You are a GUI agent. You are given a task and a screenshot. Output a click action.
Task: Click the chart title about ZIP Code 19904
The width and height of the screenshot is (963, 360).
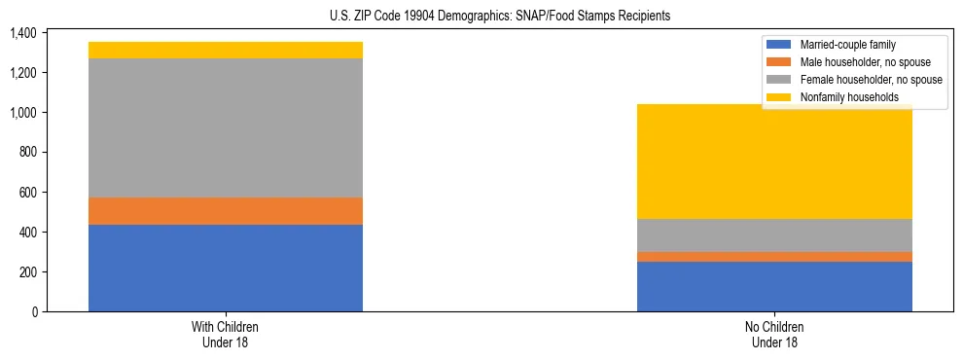pyautogui.click(x=481, y=17)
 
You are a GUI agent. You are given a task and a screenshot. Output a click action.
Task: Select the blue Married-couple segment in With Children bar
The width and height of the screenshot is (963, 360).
pyautogui.click(x=226, y=268)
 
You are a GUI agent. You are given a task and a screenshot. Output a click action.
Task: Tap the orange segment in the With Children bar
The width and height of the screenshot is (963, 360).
pyautogui.click(x=226, y=211)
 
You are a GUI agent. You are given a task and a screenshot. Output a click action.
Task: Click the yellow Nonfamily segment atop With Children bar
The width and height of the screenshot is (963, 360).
pyautogui.click(x=226, y=50)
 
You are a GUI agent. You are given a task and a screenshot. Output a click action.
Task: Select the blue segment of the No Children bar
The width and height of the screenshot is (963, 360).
pyautogui.click(x=774, y=286)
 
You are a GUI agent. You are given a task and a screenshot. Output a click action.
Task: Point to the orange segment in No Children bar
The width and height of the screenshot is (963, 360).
pyautogui.click(x=774, y=257)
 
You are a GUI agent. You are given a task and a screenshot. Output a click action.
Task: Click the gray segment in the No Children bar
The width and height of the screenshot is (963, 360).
pyautogui.click(x=774, y=235)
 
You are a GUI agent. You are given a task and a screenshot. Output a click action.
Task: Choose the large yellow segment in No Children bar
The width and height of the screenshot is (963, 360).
pyautogui.click(x=774, y=162)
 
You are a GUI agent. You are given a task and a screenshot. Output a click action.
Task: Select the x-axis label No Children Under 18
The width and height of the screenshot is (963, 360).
pyautogui.click(x=774, y=334)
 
